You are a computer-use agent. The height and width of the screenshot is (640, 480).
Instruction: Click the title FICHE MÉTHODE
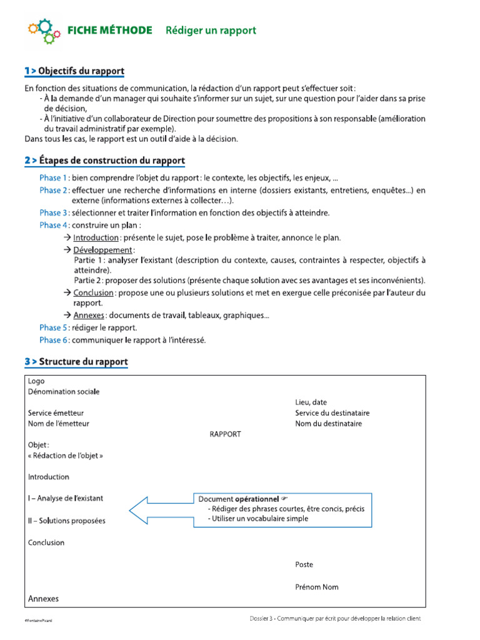[109, 31]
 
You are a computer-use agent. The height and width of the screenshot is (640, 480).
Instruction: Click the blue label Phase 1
[53, 178]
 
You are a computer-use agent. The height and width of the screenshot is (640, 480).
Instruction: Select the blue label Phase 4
[53, 225]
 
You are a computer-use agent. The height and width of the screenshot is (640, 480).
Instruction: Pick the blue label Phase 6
[53, 340]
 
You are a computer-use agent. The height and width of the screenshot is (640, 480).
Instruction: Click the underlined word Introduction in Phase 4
[96, 237]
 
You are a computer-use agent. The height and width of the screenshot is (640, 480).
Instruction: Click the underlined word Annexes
[89, 315]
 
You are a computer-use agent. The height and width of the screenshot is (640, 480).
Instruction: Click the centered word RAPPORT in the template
[225, 434]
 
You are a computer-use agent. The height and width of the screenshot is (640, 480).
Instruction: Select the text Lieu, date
[311, 402]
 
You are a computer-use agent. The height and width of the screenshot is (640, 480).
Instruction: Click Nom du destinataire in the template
[328, 424]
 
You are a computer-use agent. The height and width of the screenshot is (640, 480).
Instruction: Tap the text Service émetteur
[56, 413]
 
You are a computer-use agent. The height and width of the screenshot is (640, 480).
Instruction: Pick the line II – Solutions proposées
[67, 521]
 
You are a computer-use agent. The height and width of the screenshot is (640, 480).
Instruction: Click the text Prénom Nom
[317, 587]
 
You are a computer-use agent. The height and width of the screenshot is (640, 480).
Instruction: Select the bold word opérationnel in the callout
[257, 499]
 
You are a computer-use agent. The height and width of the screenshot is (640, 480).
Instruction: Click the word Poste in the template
[304, 564]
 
